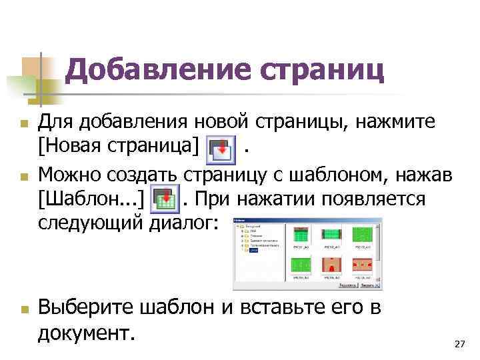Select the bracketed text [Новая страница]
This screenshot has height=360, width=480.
119,146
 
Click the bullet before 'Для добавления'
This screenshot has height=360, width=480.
23,125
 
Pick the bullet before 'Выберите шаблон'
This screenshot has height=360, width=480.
23,309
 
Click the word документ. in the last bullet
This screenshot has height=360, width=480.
87,331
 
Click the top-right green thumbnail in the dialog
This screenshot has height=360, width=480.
363,235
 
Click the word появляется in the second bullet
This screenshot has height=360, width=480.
379,198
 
